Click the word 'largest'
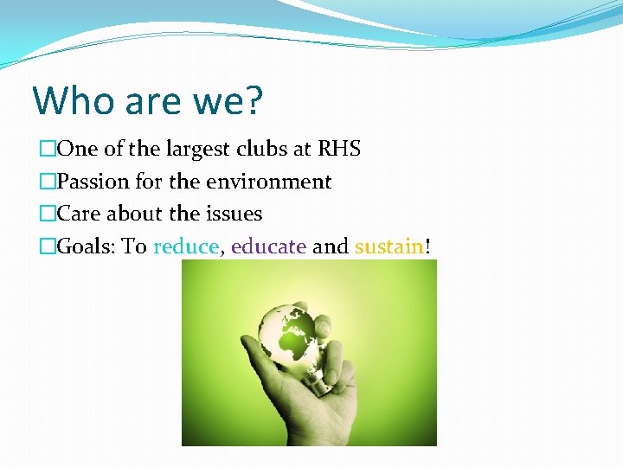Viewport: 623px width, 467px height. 196,149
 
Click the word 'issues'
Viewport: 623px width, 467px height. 234,214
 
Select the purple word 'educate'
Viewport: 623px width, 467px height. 268,246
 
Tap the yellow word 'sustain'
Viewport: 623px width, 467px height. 389,246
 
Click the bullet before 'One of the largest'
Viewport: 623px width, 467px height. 48,150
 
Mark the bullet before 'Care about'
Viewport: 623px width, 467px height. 48,214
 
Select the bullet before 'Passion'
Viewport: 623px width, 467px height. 48,182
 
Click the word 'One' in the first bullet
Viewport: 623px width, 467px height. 76,149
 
